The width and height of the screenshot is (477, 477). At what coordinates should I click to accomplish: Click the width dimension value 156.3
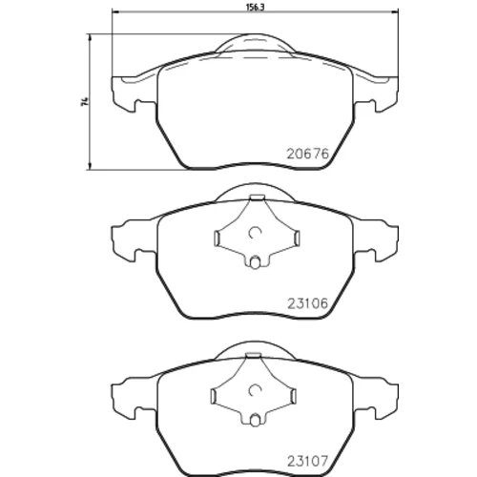(x=256, y=8)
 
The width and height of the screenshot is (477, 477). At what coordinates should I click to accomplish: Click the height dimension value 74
(x=84, y=102)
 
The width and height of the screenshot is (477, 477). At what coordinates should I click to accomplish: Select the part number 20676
(x=307, y=155)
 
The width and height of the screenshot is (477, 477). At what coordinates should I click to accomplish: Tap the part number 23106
(x=307, y=303)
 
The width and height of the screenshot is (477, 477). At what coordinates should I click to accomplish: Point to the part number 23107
(x=307, y=461)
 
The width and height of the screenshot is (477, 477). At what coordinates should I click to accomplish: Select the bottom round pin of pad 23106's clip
(x=254, y=263)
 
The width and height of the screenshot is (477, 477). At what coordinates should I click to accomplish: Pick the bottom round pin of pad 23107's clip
(x=254, y=421)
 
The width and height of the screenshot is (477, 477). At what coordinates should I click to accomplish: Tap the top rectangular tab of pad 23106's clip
(x=257, y=197)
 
